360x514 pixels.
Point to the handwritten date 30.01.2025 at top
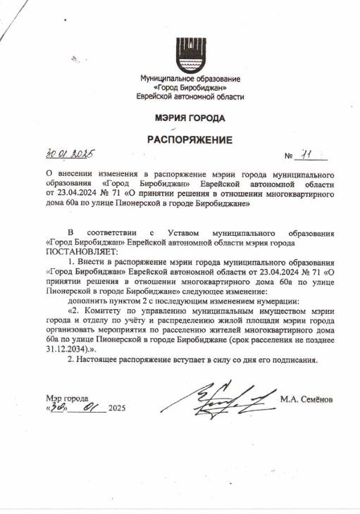70,153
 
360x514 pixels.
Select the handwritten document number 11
305,154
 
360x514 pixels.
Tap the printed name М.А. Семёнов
306,401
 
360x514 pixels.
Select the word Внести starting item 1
96,261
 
